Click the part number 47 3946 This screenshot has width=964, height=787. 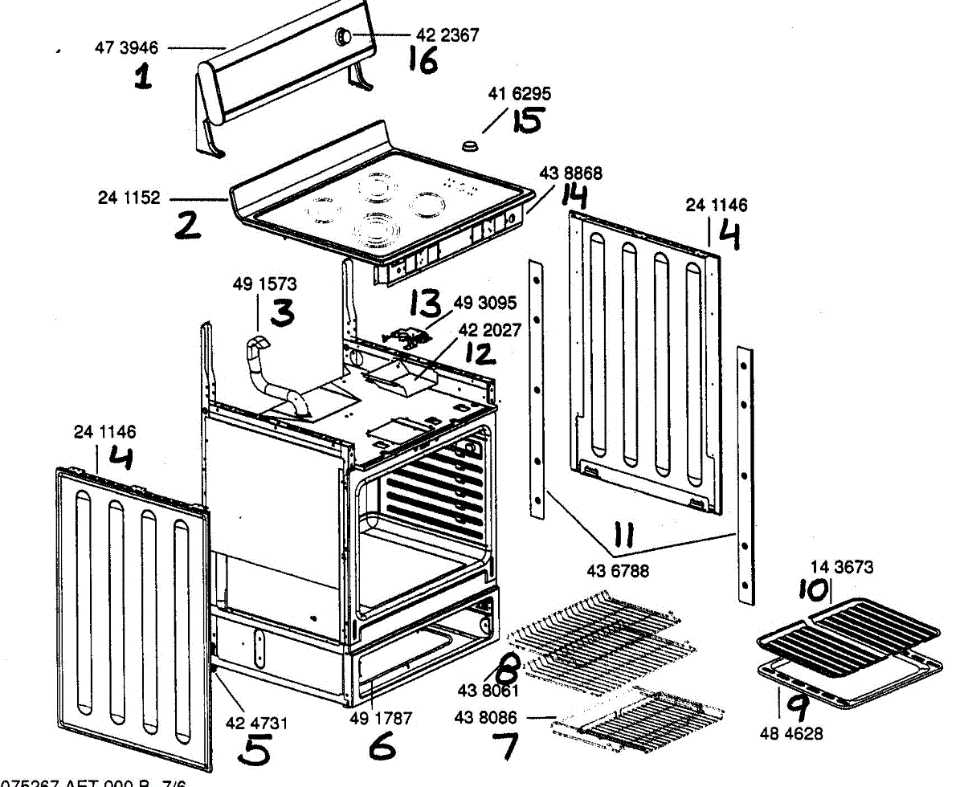[127, 48]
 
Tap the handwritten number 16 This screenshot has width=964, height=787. [423, 60]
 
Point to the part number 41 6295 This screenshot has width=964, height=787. [520, 95]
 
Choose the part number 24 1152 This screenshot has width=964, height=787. [129, 198]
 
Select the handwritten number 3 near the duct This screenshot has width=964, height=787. [282, 313]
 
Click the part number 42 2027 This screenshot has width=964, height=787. [490, 330]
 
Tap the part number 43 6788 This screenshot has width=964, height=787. [619, 572]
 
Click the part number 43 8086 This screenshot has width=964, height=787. [487, 717]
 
